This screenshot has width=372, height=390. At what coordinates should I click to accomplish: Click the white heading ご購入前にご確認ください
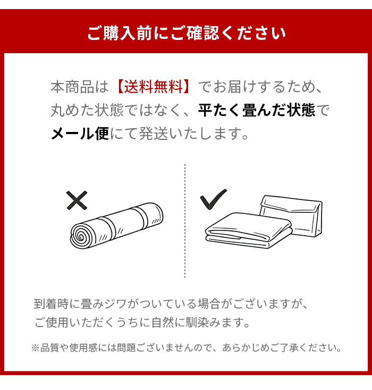[186, 33]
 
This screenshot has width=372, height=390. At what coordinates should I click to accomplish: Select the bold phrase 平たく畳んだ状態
[257, 110]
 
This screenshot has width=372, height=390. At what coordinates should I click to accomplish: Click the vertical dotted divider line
[185, 220]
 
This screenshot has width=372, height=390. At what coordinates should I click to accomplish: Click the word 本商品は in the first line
[79, 86]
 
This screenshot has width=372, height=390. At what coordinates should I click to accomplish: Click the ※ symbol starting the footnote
[36, 348]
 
